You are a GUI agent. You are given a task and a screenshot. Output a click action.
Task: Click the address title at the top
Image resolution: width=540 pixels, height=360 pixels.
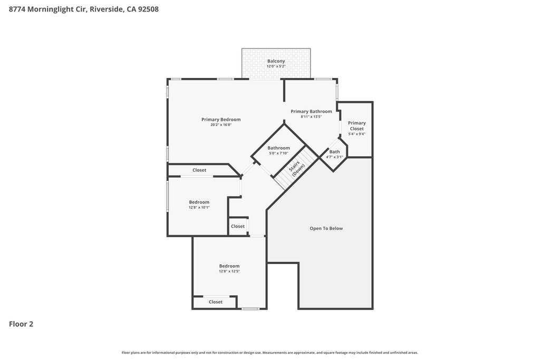[84, 9]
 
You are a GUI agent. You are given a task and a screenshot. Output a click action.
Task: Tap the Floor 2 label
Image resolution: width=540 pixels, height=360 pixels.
[21, 324]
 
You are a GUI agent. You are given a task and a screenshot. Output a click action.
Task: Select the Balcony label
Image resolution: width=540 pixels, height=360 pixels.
[276, 61]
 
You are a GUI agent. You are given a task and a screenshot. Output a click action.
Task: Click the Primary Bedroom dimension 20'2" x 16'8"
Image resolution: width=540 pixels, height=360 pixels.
[221, 125]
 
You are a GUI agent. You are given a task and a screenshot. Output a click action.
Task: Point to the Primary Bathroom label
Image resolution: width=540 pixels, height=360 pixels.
[311, 111]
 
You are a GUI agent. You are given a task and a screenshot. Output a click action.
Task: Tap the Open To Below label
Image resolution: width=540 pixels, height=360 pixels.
[326, 228]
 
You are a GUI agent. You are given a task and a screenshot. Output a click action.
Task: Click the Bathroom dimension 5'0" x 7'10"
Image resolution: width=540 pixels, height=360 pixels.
[278, 153]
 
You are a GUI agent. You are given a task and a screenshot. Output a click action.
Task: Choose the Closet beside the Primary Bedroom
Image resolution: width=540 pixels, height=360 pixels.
[199, 170]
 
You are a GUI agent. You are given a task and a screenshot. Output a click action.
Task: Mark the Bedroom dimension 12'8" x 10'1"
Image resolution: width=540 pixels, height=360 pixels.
[199, 208]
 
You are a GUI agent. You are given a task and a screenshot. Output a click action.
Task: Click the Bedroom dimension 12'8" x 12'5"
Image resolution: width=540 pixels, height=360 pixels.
[229, 271]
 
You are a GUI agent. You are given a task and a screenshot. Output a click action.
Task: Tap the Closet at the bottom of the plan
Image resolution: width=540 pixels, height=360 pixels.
[216, 302]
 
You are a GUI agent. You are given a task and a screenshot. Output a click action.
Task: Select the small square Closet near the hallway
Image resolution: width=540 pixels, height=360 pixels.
[238, 226]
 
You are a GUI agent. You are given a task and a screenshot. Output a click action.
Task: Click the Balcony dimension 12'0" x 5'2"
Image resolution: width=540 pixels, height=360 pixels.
[276, 66]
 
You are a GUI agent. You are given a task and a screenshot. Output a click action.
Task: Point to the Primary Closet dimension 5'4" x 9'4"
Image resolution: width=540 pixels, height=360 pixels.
[356, 134]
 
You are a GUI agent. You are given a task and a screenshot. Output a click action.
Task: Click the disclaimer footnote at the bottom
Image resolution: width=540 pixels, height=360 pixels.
[270, 353]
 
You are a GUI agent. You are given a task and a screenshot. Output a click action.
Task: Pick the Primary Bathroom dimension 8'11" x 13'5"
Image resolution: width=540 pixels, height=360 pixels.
[311, 117]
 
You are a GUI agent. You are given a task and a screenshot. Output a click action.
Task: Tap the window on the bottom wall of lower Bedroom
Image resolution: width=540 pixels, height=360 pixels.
[250, 309]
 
